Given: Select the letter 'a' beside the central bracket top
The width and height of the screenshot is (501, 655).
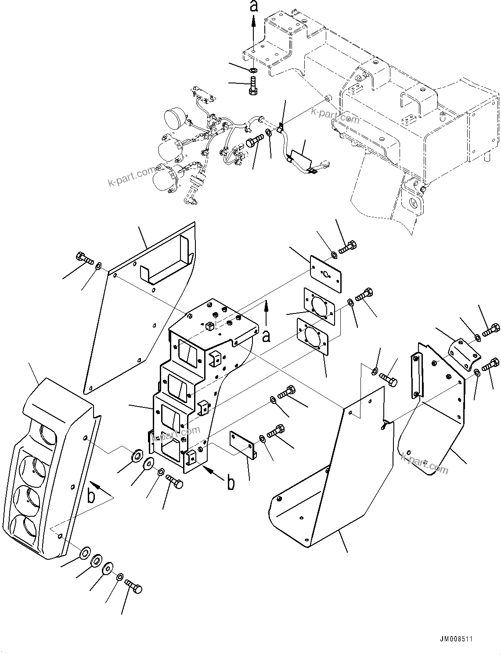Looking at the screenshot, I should tap(266, 336).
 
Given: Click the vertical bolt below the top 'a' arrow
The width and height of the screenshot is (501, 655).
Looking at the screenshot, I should tap(253, 85).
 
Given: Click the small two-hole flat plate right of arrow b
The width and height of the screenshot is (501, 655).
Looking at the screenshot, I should tap(243, 444).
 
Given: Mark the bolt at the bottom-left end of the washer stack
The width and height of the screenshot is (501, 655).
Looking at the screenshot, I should tap(133, 586).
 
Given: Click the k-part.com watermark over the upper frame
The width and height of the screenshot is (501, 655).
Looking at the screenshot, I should tap(335, 116).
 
